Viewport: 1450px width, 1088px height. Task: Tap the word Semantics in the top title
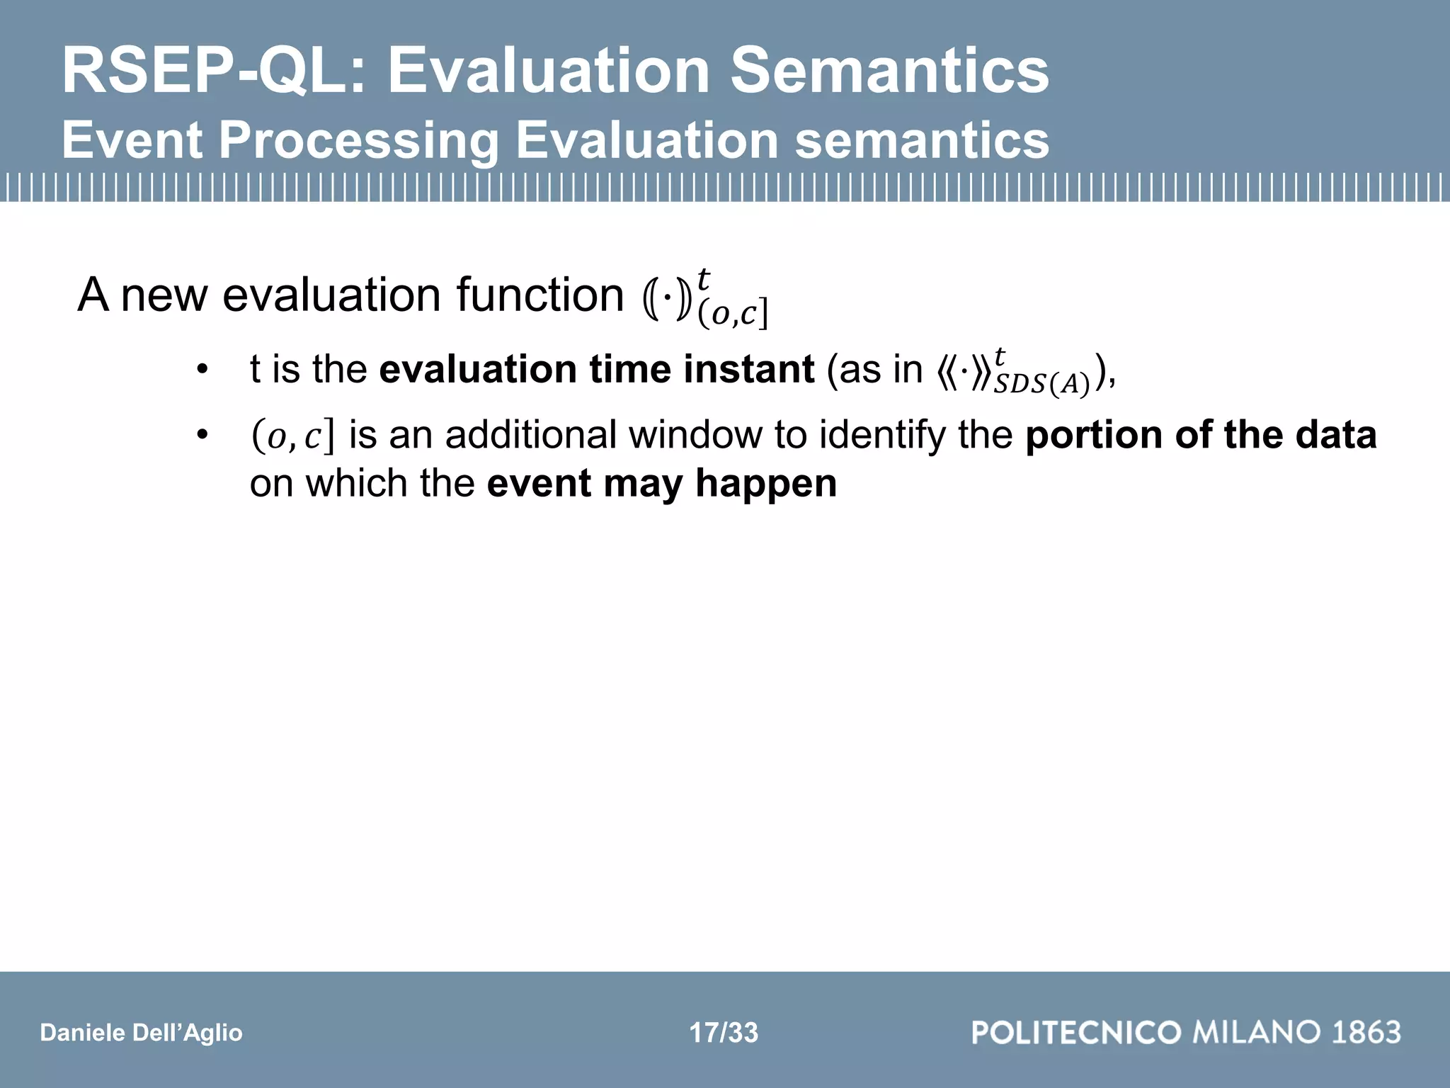click(889, 71)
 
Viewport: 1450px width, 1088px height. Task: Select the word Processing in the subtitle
click(358, 140)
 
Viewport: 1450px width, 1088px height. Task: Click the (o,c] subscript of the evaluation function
click(733, 314)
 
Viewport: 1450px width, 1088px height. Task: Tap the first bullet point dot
click(203, 370)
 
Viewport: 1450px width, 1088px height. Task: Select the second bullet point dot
click(203, 436)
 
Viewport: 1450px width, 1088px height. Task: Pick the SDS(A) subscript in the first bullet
click(1041, 385)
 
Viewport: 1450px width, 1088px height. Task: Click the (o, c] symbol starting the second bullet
click(292, 436)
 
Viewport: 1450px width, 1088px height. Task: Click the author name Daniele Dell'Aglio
click(141, 1033)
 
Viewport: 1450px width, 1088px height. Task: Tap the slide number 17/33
click(724, 1033)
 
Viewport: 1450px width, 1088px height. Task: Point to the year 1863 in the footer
click(1366, 1032)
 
